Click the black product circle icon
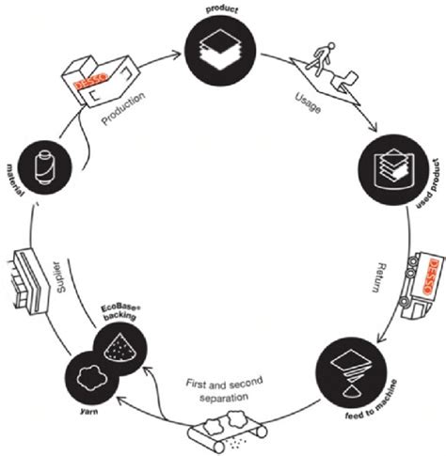(220, 51)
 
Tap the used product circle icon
(393, 169)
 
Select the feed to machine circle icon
(351, 372)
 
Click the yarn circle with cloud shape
(92, 378)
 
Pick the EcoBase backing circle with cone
(120, 348)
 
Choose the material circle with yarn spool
(45, 167)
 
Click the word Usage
(309, 102)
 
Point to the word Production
(123, 108)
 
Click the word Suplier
(60, 277)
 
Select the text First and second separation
(224, 389)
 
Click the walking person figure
(321, 59)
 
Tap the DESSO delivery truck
(422, 285)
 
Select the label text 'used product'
(426, 185)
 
